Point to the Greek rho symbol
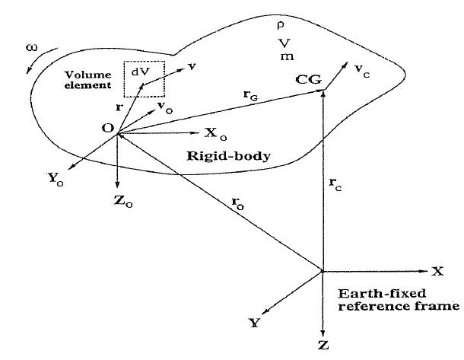pyautogui.click(x=279, y=24)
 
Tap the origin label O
pyautogui.click(x=107, y=128)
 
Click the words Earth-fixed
pyautogui.click(x=377, y=293)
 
